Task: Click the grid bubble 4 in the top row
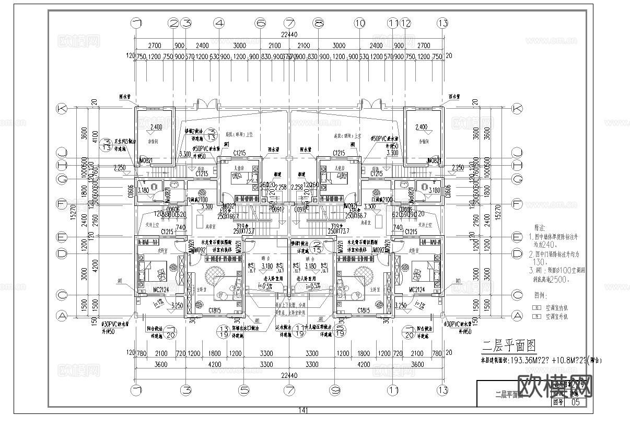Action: [219, 23]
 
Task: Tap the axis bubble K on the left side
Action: [62, 109]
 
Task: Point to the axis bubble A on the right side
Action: [517, 315]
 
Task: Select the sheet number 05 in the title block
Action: [576, 402]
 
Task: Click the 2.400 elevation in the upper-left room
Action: [156, 127]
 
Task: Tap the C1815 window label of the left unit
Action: [214, 311]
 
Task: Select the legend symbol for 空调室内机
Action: [535, 308]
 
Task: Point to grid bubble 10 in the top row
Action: [359, 23]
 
